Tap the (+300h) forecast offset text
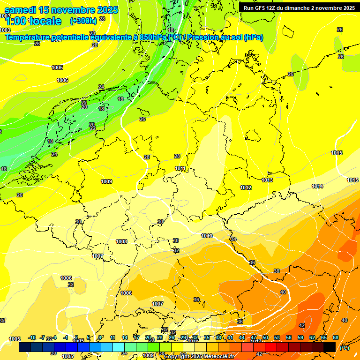coord(83,21)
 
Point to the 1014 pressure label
coord(317,186)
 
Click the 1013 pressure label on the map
coord(267,180)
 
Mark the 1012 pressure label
coord(246,187)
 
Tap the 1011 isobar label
coord(180,168)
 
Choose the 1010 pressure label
coord(207,236)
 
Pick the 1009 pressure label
coord(106,181)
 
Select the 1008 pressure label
coord(121,241)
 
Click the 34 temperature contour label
coord(234,239)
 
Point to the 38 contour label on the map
coord(277,271)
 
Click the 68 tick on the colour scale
coord(336,337)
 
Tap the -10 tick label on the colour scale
coord(32,337)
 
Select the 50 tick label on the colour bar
coord(265,337)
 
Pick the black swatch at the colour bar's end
coord(330,347)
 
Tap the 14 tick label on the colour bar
coord(125,337)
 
